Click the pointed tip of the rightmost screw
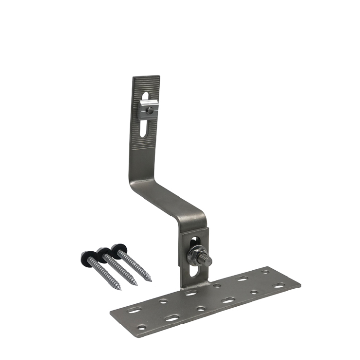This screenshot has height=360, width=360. pos(150,280)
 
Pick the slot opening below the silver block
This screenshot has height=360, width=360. pos(144,129)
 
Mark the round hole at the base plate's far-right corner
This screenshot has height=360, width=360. pos(265,272)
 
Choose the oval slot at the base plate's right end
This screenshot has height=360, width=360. pos(279,285)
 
